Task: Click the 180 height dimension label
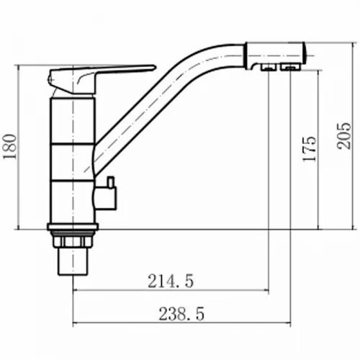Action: point(10,147)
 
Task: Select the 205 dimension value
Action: point(343,136)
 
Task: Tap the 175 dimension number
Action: point(310,149)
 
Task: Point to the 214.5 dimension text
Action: point(171,281)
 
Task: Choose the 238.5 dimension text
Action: point(181,314)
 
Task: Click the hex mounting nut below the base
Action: point(73,242)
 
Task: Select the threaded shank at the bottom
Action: point(73,261)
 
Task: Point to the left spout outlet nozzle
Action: point(269,68)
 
